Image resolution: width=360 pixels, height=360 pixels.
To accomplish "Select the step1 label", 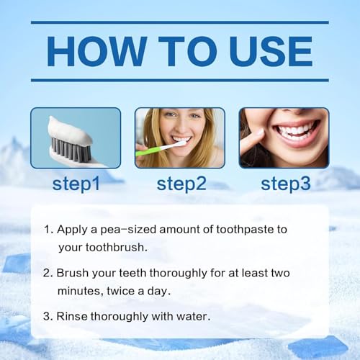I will point(76,183).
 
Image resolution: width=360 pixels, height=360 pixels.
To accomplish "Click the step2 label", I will point(180,183).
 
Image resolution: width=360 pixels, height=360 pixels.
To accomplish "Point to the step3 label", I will point(285,183).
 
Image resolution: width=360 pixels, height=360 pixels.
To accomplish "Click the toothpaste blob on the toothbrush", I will point(73,128).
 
